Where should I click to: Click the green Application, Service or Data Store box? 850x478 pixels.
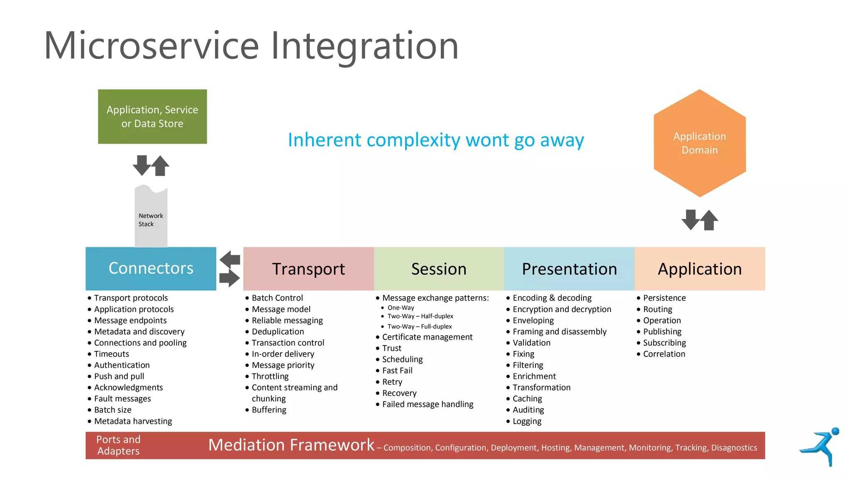152,117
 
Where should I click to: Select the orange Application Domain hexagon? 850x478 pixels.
699,143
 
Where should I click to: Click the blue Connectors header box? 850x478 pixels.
151,268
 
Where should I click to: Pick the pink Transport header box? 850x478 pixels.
308,269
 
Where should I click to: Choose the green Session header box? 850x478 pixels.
439,269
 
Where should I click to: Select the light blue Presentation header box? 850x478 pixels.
569,269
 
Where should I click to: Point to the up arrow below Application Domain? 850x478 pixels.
709,220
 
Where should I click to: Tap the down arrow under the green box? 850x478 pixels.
142,165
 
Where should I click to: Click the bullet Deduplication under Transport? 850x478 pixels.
278,332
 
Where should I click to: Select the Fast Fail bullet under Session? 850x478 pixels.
397,371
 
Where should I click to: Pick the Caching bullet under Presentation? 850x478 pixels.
527,399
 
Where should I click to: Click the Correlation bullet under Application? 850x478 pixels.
664,354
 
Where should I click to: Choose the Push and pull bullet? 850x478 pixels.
119,376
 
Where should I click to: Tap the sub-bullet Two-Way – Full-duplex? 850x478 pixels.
420,327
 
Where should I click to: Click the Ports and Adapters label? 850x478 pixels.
118,445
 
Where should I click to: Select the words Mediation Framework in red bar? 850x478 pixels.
291,445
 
